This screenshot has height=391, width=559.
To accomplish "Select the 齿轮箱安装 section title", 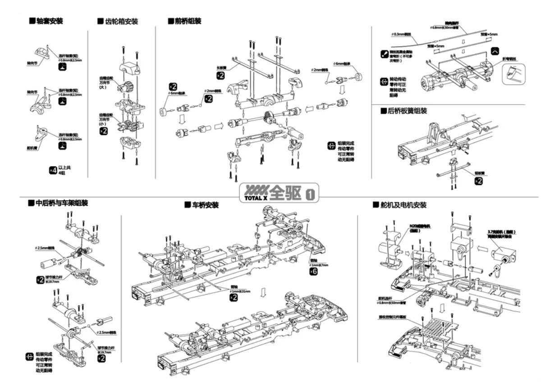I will tap(118, 22).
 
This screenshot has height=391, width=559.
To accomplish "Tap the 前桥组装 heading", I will tap(185, 21).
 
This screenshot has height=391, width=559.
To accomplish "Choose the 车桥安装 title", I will tap(202, 205).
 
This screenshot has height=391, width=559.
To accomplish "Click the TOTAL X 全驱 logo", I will tap(279, 192).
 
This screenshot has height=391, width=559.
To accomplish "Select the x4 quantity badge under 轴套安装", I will tap(52, 170).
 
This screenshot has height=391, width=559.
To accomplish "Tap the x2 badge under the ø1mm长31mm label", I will tap(234, 298).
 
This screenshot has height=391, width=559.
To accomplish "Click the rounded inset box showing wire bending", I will tap(514, 73).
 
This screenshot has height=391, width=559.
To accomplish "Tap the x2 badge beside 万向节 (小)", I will tap(104, 131).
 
